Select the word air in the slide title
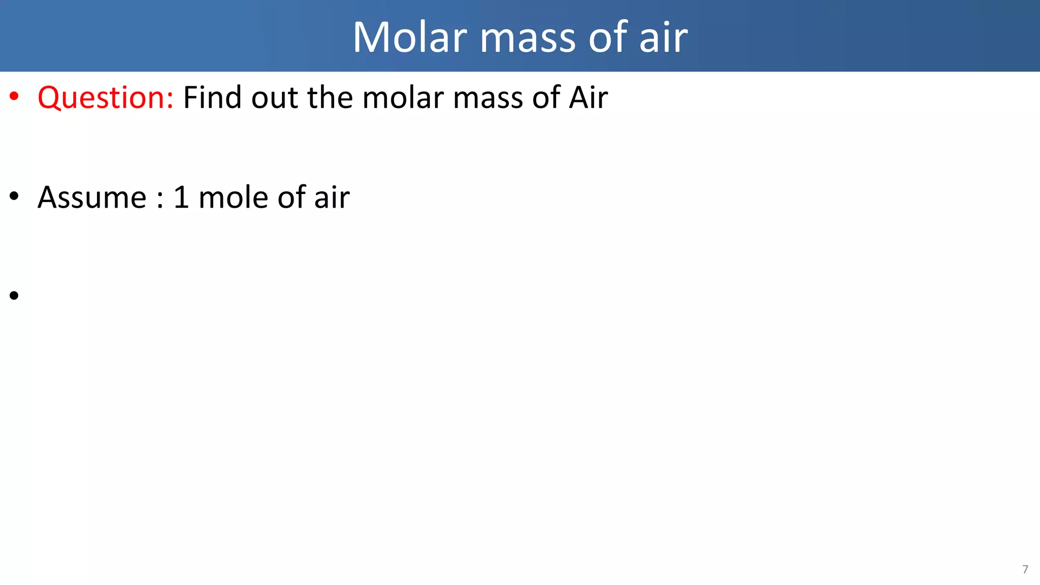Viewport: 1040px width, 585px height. coord(663,37)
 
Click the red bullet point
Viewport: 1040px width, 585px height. coord(14,95)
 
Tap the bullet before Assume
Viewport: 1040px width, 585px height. coord(14,196)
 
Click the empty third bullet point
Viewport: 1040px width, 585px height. coord(14,295)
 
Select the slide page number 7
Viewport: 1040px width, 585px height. coord(1025,569)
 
